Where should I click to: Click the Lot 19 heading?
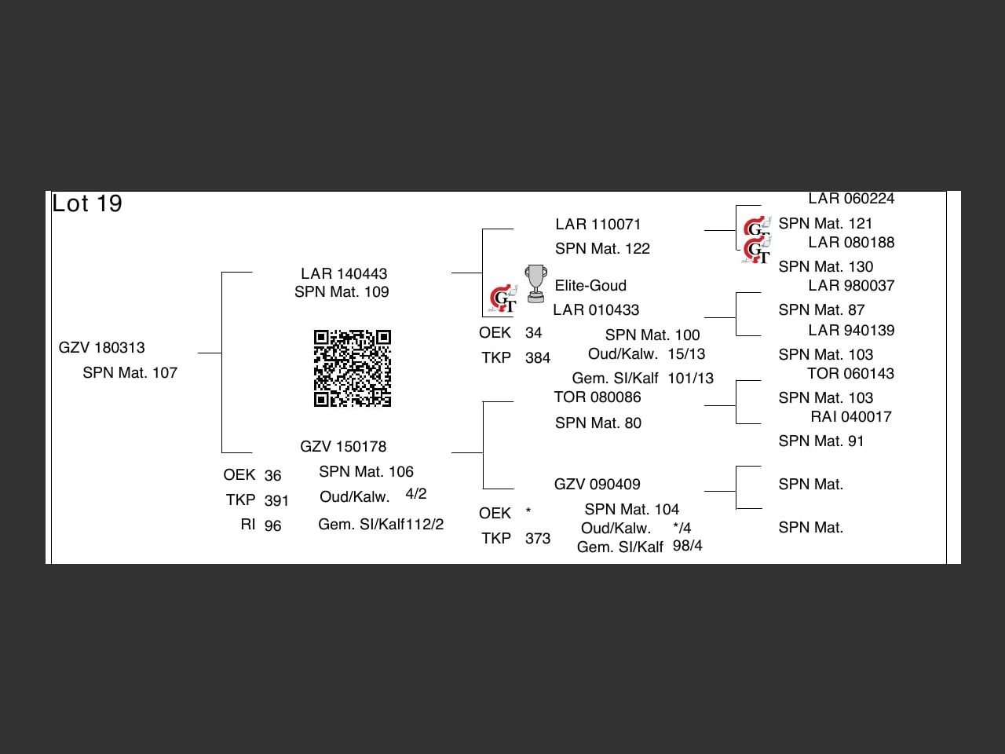87,203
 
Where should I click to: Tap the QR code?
353,368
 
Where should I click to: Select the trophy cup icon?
535,284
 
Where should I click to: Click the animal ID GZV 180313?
102,348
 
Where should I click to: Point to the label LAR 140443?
344,273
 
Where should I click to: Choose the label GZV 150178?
343,447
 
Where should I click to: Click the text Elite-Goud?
590,285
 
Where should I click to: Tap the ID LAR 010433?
596,310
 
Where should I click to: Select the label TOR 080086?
598,397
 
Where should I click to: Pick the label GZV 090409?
598,485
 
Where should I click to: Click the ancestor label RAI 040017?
851,417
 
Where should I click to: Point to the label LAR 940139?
851,331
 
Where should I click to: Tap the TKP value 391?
276,501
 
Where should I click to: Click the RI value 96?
272,526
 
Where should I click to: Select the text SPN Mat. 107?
130,373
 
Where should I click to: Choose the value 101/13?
691,379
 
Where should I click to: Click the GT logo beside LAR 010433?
503,299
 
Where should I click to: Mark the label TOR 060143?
850,374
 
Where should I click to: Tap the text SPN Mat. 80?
598,423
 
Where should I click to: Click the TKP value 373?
538,539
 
